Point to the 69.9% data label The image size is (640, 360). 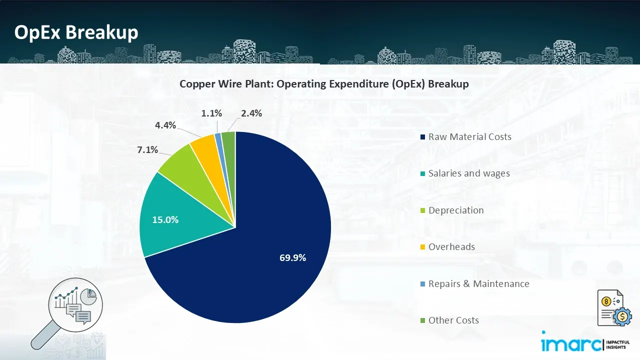click(x=292, y=258)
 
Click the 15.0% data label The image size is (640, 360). click(x=165, y=219)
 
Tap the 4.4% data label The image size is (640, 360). click(x=165, y=125)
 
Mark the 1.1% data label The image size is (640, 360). click(x=211, y=113)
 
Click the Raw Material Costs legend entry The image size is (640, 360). click(x=469, y=137)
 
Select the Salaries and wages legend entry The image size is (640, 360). click(x=468, y=173)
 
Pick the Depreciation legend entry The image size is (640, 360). click(x=455, y=210)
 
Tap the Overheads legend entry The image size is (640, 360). click(x=451, y=247)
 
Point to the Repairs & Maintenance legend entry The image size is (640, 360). click(x=478, y=284)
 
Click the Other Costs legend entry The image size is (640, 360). click(x=453, y=320)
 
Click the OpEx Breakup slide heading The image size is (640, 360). click(x=76, y=32)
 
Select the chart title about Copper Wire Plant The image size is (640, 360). click(x=324, y=84)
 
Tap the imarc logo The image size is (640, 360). click(x=580, y=344)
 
